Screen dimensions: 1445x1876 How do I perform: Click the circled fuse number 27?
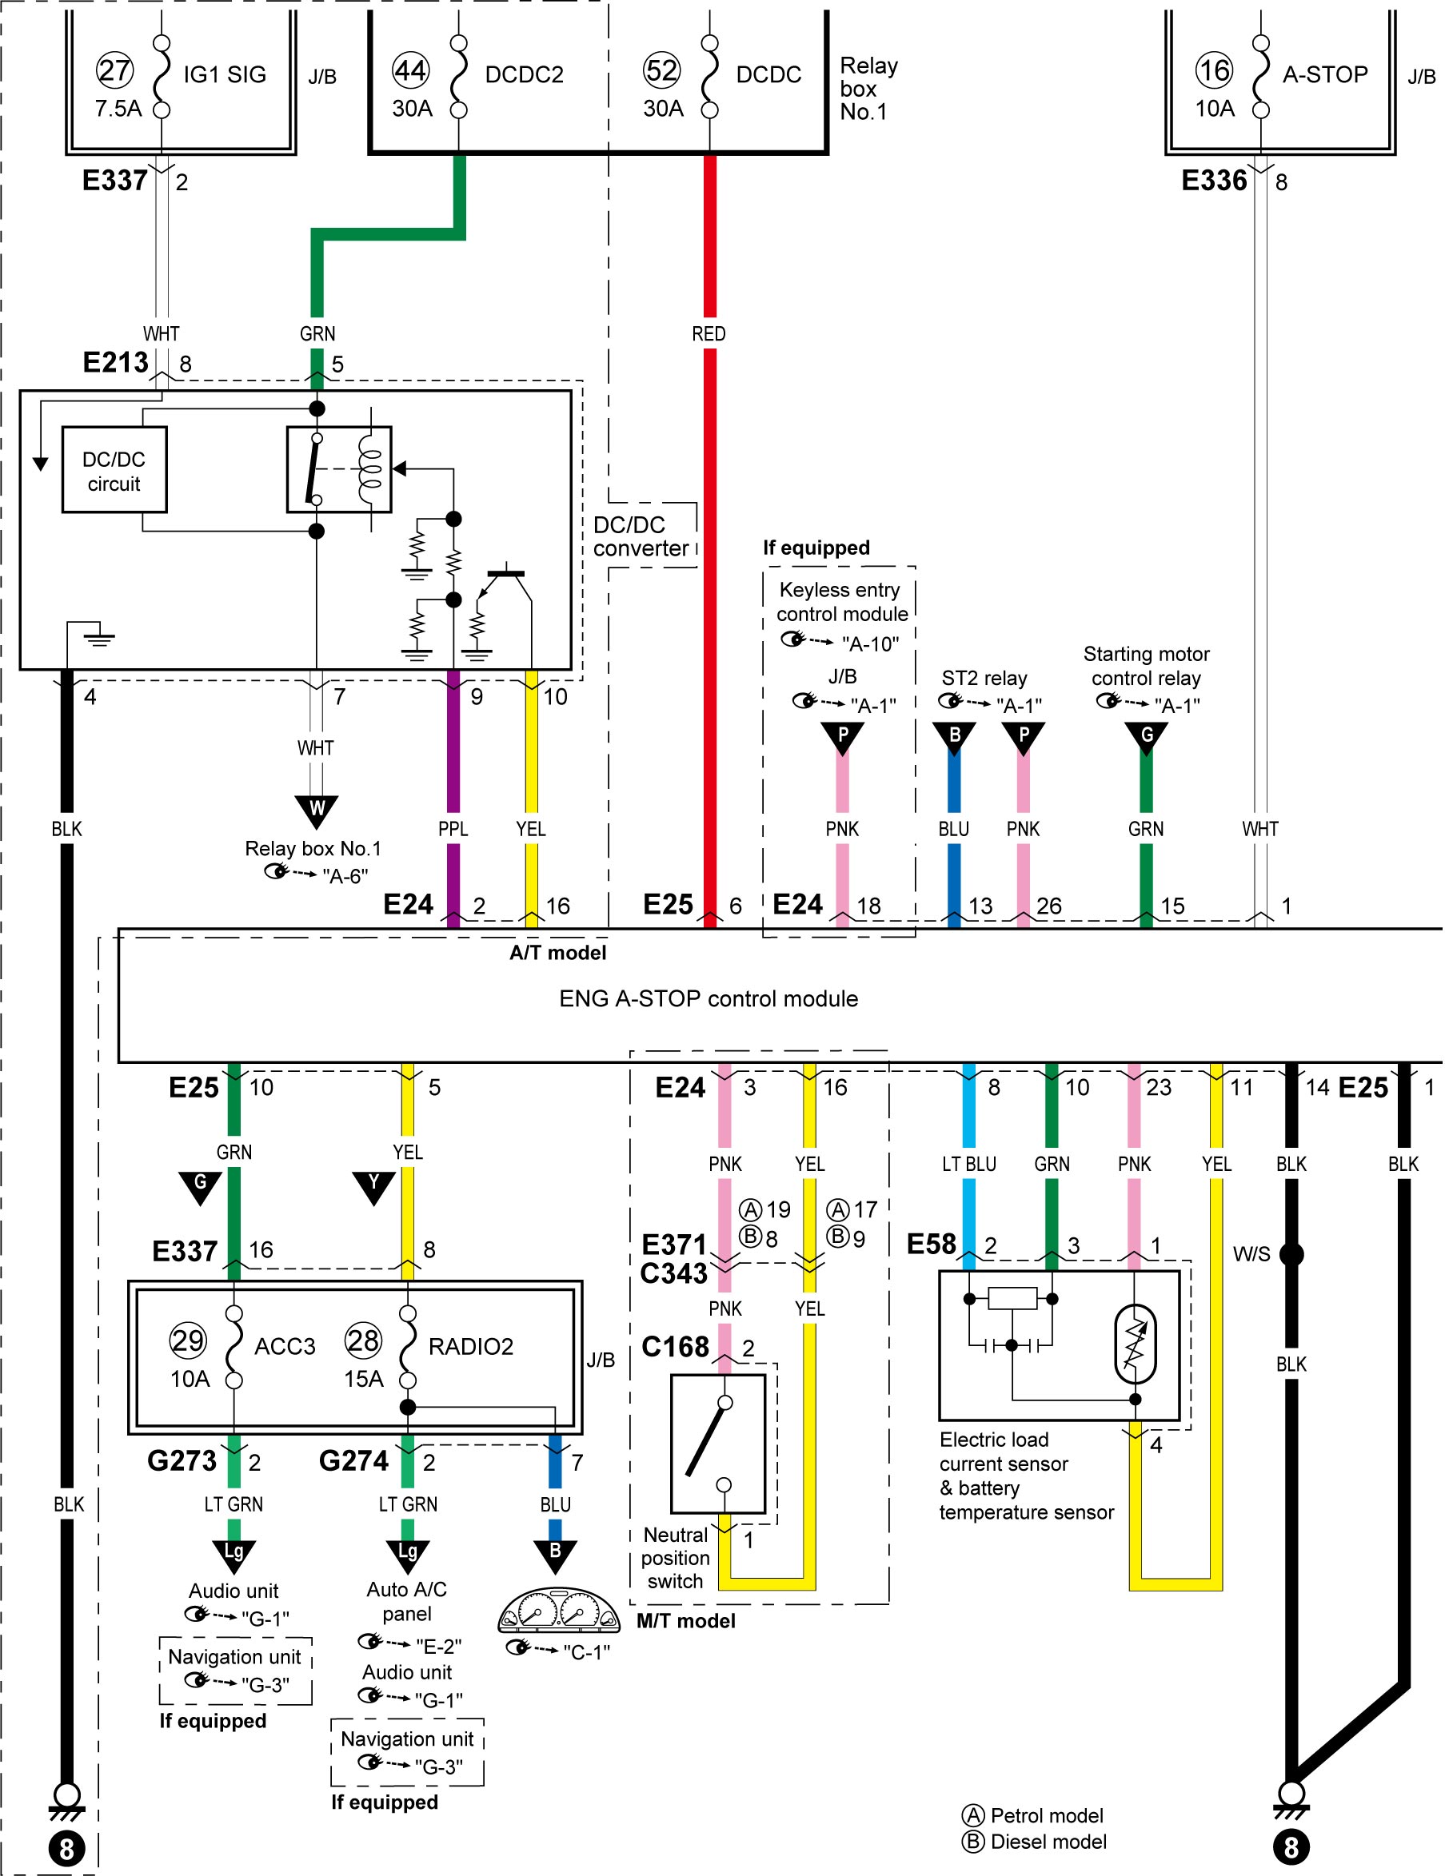[x=114, y=70]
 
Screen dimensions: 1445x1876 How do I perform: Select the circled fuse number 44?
[x=411, y=70]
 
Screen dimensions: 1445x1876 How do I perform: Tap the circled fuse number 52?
[x=661, y=70]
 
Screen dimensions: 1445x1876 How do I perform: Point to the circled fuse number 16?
[x=1214, y=70]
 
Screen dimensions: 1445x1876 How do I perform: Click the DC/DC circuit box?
[x=114, y=470]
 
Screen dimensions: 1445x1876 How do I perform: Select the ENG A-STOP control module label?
[x=708, y=998]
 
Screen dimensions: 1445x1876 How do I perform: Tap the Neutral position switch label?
[x=675, y=1558]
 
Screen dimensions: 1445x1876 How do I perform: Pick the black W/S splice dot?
[x=1291, y=1254]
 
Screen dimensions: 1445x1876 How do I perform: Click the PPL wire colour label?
[x=453, y=829]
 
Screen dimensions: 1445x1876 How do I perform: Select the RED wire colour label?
[x=709, y=333]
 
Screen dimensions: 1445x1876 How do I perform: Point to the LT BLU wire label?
[x=969, y=1164]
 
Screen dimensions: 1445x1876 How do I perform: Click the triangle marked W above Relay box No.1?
[x=316, y=811]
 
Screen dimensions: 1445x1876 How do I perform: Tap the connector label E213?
[x=115, y=362]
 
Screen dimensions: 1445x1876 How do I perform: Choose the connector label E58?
[x=932, y=1244]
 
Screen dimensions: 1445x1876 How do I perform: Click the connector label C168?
[x=675, y=1347]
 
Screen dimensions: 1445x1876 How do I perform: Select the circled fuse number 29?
[x=188, y=1341]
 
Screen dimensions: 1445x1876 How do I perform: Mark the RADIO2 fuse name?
[x=471, y=1346]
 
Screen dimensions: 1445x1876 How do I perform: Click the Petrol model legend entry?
[x=1033, y=1815]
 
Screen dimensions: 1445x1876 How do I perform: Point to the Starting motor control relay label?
[x=1146, y=666]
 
